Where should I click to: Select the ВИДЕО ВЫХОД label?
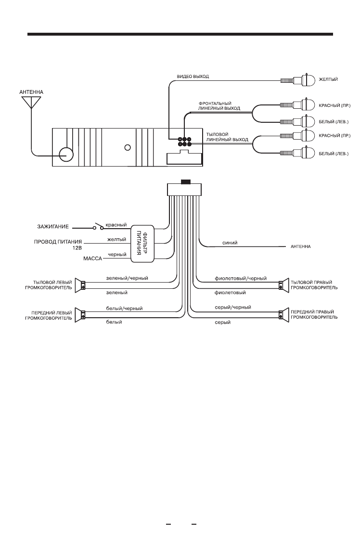(193, 77)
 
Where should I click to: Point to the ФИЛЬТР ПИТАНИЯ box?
(142, 245)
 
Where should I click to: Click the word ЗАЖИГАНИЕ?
(53, 226)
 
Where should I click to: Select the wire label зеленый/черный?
(127, 278)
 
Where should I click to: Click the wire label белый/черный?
(124, 308)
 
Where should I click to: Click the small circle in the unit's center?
(128, 147)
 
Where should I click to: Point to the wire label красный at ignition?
(116, 224)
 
